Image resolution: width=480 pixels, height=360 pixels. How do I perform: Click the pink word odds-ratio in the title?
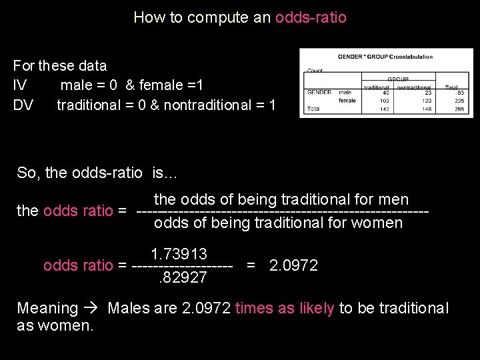311,17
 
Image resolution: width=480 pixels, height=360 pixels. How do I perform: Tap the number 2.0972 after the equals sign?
293,265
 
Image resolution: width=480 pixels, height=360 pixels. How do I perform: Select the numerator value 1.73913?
179,254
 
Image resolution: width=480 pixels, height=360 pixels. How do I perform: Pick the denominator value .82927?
182,277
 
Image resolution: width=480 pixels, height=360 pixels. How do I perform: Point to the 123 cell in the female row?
427,101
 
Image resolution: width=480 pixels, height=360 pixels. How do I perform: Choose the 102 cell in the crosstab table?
386,101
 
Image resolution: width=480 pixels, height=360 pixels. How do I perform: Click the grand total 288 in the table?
459,109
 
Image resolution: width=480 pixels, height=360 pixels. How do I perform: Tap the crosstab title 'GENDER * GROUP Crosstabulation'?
385,57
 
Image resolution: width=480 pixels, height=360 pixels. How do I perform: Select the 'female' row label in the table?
347,101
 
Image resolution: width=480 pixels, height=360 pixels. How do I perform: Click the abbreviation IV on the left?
20,85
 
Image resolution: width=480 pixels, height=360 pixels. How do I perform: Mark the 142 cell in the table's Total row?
386,109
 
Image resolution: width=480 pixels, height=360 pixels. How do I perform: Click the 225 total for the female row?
459,101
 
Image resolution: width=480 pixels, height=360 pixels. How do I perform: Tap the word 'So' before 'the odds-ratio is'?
26,173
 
